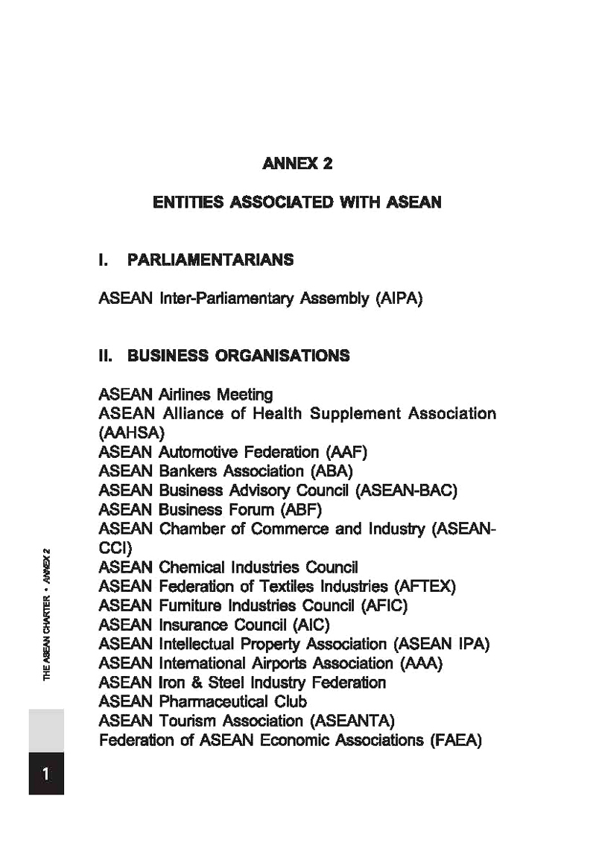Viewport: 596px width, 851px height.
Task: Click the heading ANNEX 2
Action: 297,164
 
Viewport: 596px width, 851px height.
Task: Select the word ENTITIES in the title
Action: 183,203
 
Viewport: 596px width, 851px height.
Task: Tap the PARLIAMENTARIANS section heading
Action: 211,260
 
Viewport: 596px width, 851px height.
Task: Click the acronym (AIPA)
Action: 399,299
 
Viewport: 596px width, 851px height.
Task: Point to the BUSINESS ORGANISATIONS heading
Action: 238,356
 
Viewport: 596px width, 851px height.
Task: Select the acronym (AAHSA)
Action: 131,432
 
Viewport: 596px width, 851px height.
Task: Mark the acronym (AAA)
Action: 421,663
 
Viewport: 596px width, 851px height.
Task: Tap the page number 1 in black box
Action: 46,774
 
